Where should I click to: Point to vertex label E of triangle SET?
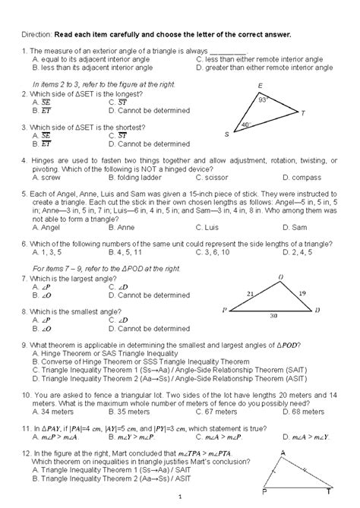click(261, 85)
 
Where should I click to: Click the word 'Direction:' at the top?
click(35, 35)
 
